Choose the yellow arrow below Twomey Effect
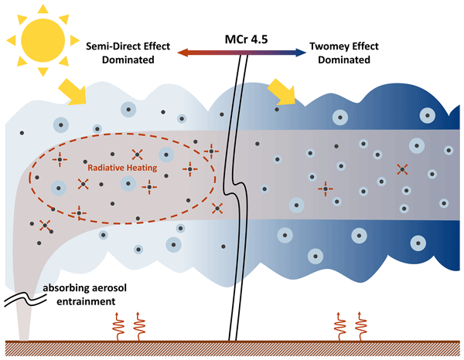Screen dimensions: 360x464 281,92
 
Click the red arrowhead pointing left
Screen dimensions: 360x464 181,53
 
